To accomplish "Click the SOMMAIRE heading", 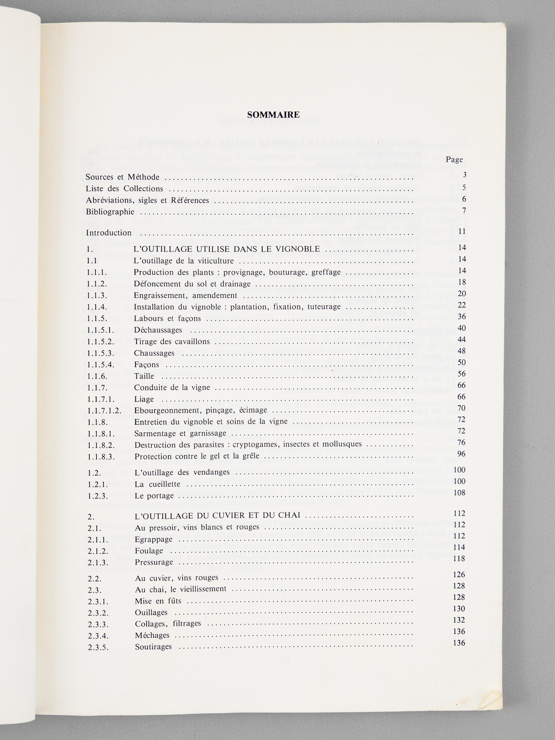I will click(x=273, y=114).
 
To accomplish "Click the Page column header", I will click(x=455, y=159).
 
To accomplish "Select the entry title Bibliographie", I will click(x=110, y=212).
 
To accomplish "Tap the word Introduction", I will click(x=109, y=233).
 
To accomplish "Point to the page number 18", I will click(x=461, y=282).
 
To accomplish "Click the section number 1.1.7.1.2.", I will click(x=104, y=411).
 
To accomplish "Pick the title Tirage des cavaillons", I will click(x=172, y=342).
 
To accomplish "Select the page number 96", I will click(x=461, y=454).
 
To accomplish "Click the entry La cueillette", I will click(x=158, y=484).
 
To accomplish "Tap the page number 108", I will click(x=459, y=493).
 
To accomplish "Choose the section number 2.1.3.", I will click(x=98, y=562).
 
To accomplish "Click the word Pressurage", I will click(x=154, y=562).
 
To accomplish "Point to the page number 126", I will click(x=459, y=574).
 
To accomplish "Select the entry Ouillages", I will click(x=151, y=612).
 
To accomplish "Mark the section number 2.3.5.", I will click(x=98, y=647).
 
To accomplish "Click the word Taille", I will click(x=144, y=376).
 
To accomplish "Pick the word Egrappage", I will click(x=154, y=539).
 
